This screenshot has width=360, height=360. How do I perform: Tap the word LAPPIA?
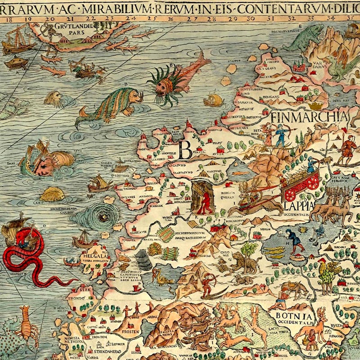pyautogui.click(x=298, y=207)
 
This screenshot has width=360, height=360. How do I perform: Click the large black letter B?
pyautogui.click(x=185, y=149)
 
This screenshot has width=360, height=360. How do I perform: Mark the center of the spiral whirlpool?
pyautogui.click(x=102, y=216)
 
